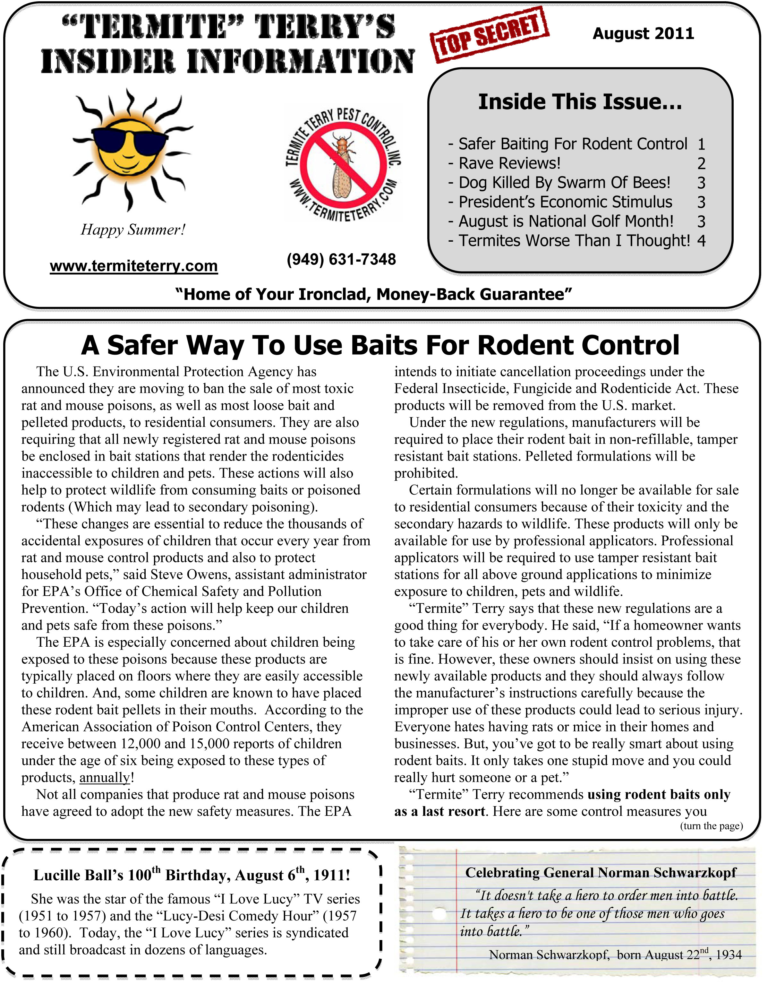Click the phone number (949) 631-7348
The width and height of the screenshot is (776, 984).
[x=341, y=260]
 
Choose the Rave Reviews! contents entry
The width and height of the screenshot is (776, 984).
[x=509, y=163]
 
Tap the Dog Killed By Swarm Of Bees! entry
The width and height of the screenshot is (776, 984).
[x=564, y=182]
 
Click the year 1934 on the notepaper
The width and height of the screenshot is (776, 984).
[x=729, y=954]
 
